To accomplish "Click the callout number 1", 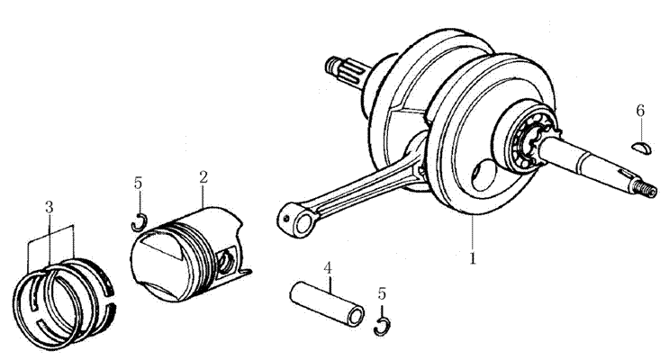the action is coord(473,258).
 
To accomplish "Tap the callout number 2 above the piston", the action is coord(203,177).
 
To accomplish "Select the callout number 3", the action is coord(49,207).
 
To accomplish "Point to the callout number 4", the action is coord(327,268).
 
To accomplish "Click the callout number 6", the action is coord(640,111).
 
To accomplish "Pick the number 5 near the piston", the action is coord(138,183).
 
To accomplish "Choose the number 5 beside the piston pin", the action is coord(382,293).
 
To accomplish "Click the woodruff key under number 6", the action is coord(641,148).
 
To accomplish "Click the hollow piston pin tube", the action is coord(326,303).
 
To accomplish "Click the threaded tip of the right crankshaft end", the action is coord(645,188).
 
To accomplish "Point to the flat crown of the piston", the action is coord(157,264).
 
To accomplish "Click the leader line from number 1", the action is coord(473,233).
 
